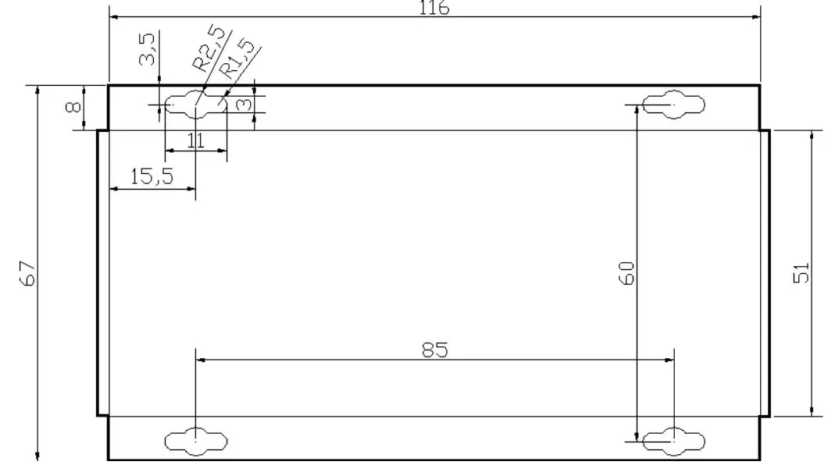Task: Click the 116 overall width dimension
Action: [x=434, y=8]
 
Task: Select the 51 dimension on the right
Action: [x=801, y=272]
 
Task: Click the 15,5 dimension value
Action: [x=152, y=177]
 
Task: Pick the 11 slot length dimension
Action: [x=195, y=140]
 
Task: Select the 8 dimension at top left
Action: [x=72, y=107]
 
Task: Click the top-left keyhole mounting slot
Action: [x=195, y=104]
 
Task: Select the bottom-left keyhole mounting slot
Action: [x=197, y=442]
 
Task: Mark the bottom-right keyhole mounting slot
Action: [x=673, y=442]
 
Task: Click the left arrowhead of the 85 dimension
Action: [x=199, y=360]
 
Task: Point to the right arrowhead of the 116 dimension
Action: [x=755, y=16]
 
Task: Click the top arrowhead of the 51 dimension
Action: [x=812, y=135]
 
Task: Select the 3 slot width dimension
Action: [x=244, y=104]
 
